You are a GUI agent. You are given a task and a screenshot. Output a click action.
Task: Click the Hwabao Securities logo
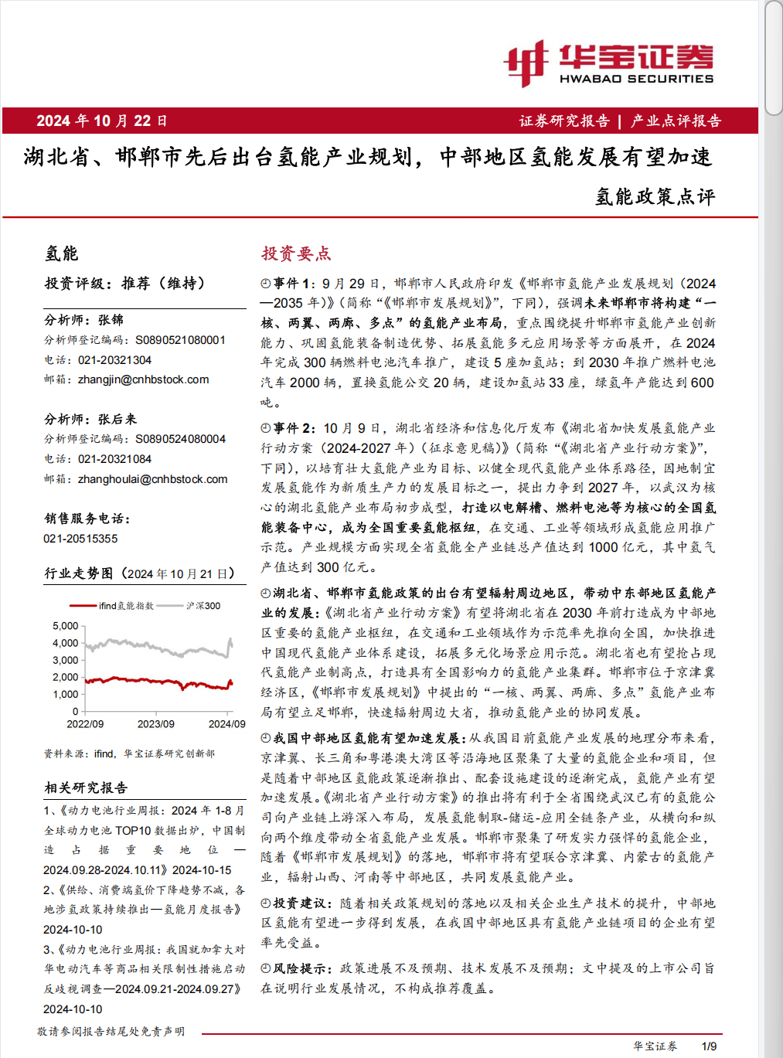[x=608, y=63]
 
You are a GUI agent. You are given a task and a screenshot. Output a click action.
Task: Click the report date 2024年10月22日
[x=101, y=121]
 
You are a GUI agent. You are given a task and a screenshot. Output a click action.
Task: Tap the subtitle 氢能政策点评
[x=655, y=196]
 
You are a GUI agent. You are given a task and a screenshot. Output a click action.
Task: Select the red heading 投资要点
[x=296, y=253]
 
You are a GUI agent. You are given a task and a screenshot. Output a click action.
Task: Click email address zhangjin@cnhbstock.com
[x=143, y=379]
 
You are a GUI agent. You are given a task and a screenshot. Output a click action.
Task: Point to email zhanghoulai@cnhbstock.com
[x=152, y=479]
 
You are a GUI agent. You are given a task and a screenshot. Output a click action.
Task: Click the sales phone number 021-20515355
[x=80, y=539]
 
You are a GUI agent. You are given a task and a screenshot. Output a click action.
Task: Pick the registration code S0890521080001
[x=180, y=340]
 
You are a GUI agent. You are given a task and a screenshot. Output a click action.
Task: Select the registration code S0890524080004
[x=180, y=439]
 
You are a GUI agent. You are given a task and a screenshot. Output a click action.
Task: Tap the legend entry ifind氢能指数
[x=126, y=606]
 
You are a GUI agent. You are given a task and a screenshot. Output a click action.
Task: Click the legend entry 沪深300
[x=203, y=606]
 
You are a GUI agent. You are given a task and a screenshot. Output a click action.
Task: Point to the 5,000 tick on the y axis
[x=66, y=626]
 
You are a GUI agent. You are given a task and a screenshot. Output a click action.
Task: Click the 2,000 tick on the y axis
[x=66, y=677]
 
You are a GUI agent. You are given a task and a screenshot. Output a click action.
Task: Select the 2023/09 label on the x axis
[x=156, y=724]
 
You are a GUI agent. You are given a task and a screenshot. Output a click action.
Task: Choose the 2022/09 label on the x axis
[x=85, y=724]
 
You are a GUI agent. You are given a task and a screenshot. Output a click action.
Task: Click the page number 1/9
[x=709, y=1046]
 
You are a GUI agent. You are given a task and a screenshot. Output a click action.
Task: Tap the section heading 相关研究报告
[x=86, y=788]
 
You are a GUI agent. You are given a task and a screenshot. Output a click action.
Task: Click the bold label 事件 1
[x=294, y=284]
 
